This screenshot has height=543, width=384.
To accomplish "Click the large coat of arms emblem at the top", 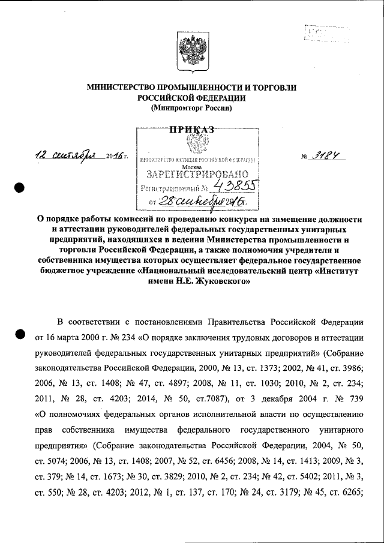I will [x=191, y=47].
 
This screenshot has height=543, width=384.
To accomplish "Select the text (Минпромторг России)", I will [x=191, y=109].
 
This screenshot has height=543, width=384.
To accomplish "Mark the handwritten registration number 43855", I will [x=229, y=188].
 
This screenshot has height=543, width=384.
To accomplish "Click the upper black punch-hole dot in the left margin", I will [x=19, y=187].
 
